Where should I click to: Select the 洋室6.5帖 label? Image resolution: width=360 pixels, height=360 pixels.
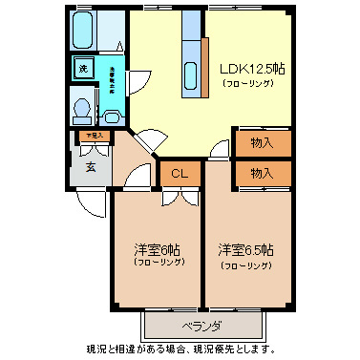(245, 249)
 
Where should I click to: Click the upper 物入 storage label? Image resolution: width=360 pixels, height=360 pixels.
(262, 143)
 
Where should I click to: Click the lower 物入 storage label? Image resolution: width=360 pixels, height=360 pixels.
(262, 174)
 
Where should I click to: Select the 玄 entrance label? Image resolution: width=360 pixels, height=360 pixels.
(91, 168)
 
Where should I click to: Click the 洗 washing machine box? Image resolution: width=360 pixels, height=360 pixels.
(83, 69)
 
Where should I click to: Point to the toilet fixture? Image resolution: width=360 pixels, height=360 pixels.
(83, 109)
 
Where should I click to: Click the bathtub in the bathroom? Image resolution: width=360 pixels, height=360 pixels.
(83, 34)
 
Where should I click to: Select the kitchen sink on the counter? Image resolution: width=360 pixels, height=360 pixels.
(189, 75)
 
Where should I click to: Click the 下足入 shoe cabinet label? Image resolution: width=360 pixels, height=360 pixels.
(93, 137)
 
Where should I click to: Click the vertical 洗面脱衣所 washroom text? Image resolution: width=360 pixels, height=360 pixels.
(113, 79)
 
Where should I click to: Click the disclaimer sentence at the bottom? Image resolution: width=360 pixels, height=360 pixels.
(180, 349)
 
